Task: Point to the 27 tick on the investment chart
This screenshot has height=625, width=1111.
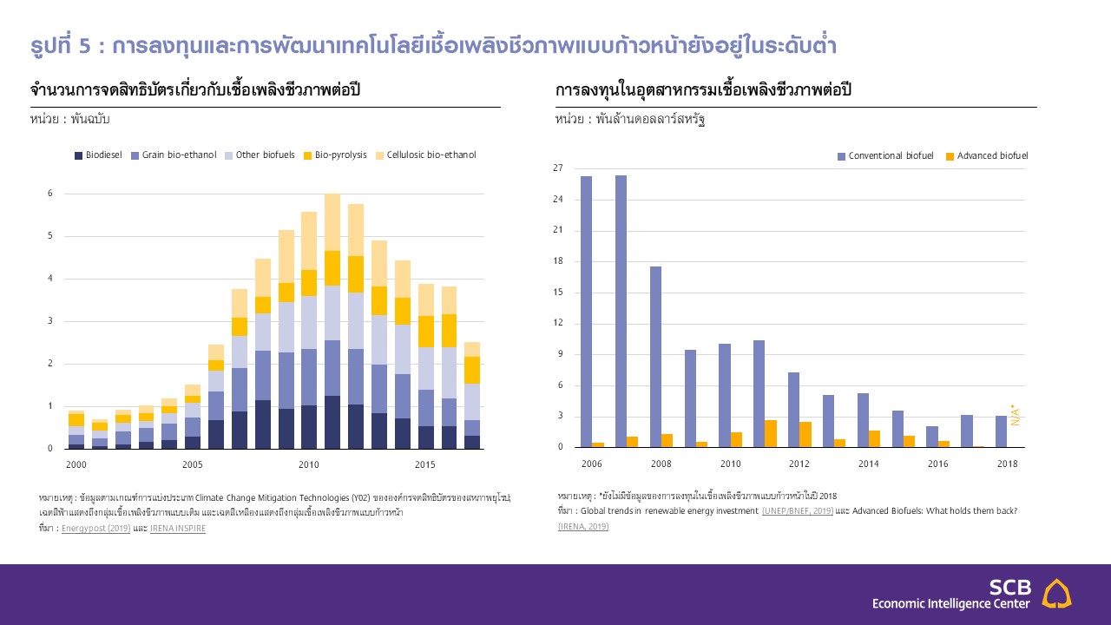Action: pos(558,168)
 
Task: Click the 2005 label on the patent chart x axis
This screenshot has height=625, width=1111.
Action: pos(193,465)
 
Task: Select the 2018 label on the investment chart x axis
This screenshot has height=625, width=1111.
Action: pos(1007,464)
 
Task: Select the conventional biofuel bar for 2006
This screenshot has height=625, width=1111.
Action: pos(587,312)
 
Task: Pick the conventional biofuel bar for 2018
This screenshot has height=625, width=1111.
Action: pos(1001,431)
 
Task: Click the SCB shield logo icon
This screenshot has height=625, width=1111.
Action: pos(1056,594)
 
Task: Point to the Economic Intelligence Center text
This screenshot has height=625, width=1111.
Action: pos(950,603)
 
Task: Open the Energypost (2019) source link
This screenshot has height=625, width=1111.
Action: pos(95,528)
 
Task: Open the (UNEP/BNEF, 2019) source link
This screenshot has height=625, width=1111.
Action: pos(798,510)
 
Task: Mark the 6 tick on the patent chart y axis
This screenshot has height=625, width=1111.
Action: pos(50,194)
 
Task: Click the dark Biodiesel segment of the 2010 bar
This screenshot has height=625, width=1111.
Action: pos(308,427)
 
